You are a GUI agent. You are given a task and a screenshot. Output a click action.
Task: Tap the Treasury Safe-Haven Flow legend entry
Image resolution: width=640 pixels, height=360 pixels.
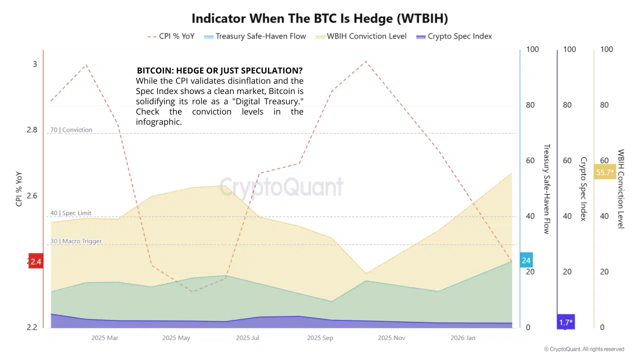pos(254,36)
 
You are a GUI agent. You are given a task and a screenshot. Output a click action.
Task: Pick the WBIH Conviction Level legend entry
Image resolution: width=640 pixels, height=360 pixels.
pos(360,36)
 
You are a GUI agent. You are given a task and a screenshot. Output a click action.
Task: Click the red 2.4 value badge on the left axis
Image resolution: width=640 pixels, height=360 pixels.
pos(35,261)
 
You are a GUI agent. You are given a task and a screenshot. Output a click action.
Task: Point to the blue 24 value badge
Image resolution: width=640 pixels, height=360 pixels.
pos(526,260)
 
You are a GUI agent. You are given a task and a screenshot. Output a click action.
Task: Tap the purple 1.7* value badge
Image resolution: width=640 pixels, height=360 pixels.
pos(565,322)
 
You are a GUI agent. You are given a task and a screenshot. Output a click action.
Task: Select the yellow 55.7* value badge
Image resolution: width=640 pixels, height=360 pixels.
pos(604,172)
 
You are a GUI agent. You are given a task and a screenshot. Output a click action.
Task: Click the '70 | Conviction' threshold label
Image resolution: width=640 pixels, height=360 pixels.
pos(71,130)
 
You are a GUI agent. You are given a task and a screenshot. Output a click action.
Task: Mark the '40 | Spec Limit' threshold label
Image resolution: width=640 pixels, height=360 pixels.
pos(71,213)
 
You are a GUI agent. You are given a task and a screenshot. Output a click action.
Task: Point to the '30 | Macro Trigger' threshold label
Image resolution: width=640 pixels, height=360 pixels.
pos(76,241)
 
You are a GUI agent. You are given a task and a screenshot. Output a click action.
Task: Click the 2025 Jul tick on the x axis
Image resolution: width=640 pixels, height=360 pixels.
pos(248,338)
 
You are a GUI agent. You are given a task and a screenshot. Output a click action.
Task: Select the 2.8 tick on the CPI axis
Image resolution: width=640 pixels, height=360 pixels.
pos(31,130)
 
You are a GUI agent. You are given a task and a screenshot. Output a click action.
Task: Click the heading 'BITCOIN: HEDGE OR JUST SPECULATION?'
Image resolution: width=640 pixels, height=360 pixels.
pos(219,70)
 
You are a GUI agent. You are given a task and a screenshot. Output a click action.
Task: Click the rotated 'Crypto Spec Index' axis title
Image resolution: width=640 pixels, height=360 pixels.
pos(583,188)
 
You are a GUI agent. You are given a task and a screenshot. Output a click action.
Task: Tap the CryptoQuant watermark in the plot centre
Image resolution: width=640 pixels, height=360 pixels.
pos(281,187)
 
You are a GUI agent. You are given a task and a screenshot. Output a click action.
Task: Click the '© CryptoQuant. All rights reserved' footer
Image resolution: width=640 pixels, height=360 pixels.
pos(584,349)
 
